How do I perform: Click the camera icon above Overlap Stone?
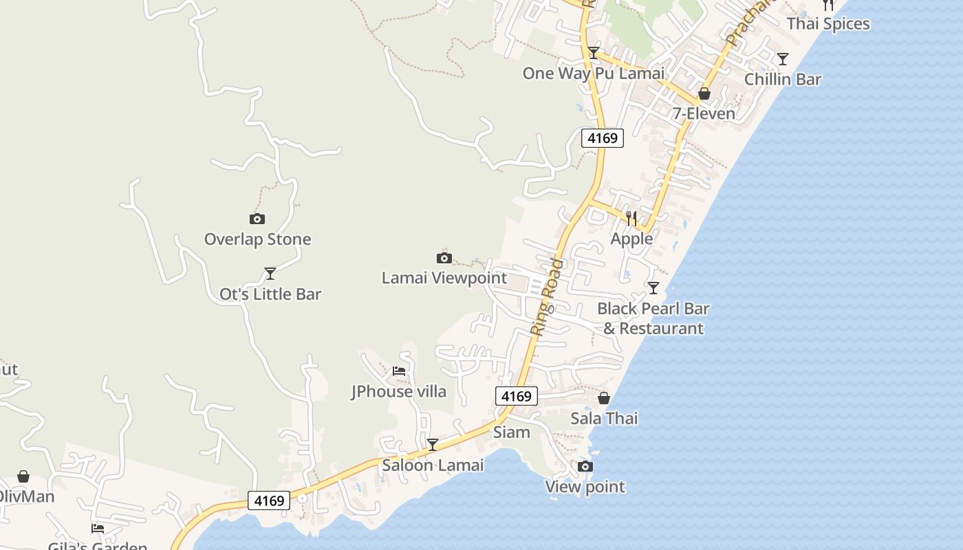coord(257,219)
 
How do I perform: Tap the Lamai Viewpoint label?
coord(444,278)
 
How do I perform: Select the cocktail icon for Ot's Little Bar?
coord(270,274)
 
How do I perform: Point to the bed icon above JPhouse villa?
coord(399,371)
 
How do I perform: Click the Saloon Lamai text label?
coord(433,465)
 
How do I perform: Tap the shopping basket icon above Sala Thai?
coord(604,398)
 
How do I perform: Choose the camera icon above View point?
coord(585,467)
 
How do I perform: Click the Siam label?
coord(512,432)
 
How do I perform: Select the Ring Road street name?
coord(548,296)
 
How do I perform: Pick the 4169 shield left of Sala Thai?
coord(516,396)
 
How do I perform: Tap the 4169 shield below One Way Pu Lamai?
coord(603,138)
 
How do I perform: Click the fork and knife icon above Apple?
coord(631,219)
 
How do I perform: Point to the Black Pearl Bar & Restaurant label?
coord(653,318)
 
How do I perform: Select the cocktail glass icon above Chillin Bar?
coord(783,59)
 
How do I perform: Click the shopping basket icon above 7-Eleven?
coord(704,93)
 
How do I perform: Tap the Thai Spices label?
coord(828,24)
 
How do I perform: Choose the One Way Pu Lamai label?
coord(594,74)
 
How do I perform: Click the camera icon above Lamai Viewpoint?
coord(444,258)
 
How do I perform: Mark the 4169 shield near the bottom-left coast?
coord(269,500)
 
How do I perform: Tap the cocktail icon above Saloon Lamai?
coord(433,445)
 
